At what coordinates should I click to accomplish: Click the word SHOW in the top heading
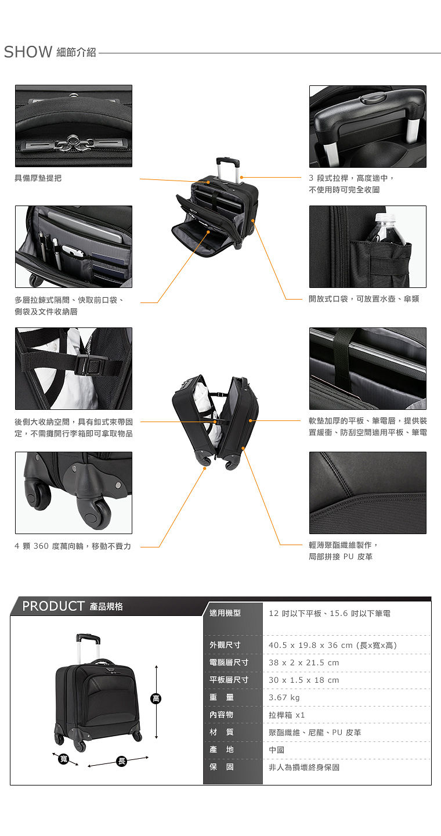[x=28, y=52]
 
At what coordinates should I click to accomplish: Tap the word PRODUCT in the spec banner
[x=53, y=606]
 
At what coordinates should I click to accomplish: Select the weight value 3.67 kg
[x=284, y=697]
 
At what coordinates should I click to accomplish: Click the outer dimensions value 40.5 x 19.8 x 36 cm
[x=310, y=645]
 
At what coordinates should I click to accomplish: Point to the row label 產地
[x=222, y=749]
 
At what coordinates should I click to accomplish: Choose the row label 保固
[x=222, y=767]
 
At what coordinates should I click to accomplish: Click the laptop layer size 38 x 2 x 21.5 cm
[x=303, y=662]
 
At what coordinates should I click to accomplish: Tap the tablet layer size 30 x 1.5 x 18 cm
[x=303, y=680]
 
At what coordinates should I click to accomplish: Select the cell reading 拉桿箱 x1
[x=287, y=715]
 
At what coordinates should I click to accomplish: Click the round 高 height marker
[x=156, y=698]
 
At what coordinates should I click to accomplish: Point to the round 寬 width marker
[x=64, y=759]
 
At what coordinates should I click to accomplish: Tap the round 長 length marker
[x=122, y=761]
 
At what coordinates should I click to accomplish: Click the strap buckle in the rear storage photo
[x=87, y=365]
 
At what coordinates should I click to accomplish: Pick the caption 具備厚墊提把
[x=38, y=178]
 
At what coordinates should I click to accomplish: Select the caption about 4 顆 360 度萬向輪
[x=73, y=546]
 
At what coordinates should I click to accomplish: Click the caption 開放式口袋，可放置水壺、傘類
[x=364, y=298]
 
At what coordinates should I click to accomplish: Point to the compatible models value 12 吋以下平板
[x=295, y=613]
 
